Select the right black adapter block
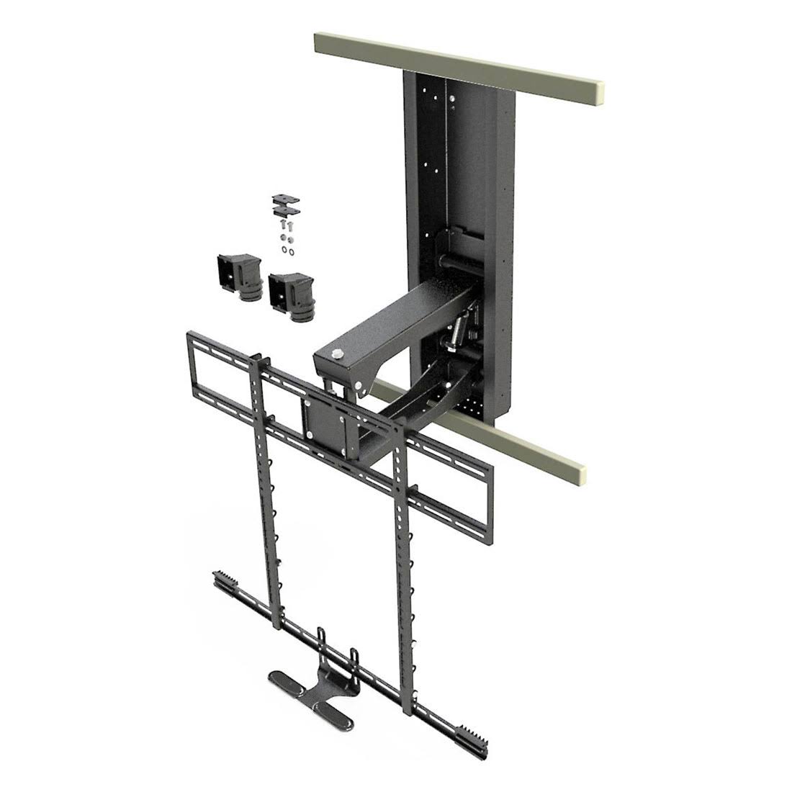(292, 296)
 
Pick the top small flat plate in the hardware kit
(284, 199)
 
